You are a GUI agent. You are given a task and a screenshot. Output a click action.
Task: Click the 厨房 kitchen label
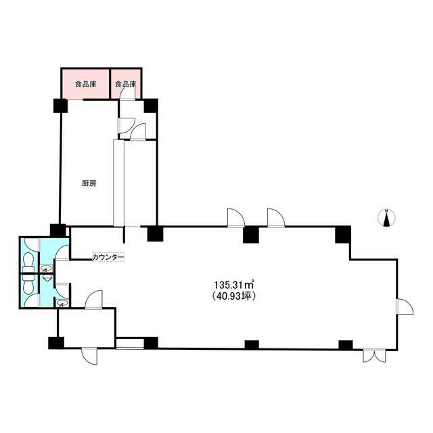(x=89, y=183)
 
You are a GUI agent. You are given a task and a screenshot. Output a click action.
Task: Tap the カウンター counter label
(x=108, y=257)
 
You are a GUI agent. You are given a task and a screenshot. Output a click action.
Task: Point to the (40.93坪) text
(x=234, y=296)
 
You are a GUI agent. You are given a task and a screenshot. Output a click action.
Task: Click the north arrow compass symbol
(x=386, y=218)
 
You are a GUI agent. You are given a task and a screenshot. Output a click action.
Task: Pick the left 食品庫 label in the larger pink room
(x=86, y=84)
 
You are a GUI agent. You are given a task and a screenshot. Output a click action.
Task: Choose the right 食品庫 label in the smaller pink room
(x=126, y=84)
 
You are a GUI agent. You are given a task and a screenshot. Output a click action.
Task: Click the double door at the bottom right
(x=374, y=356)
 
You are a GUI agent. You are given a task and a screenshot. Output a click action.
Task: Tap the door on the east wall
(x=405, y=306)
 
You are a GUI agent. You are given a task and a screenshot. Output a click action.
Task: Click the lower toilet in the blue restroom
(x=28, y=284)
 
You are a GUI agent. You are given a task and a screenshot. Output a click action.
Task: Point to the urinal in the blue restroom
(x=48, y=277)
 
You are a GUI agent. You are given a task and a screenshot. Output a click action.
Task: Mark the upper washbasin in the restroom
(x=46, y=268)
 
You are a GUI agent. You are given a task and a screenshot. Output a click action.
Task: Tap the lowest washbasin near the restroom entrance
(x=62, y=303)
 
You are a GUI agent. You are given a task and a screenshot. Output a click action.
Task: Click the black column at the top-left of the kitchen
(x=60, y=106)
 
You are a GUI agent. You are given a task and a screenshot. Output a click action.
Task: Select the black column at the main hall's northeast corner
(x=343, y=235)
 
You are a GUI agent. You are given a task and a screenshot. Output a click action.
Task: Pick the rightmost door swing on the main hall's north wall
(x=276, y=218)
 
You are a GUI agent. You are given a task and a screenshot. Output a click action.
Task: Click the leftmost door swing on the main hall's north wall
(x=236, y=218)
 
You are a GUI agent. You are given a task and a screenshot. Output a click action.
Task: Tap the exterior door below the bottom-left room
(x=89, y=357)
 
